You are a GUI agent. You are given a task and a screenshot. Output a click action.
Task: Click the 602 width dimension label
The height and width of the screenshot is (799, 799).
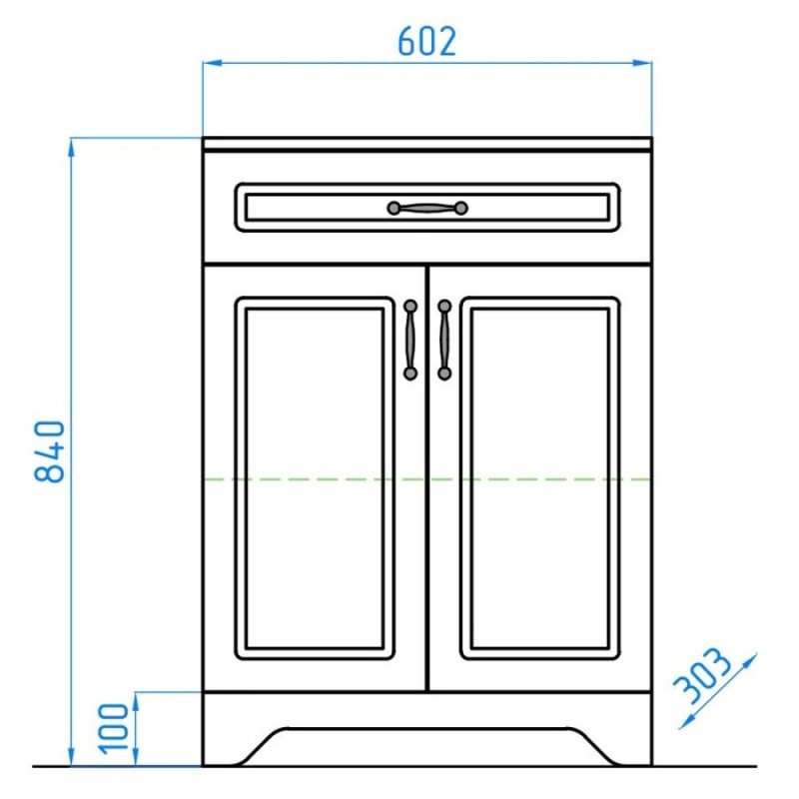click(426, 42)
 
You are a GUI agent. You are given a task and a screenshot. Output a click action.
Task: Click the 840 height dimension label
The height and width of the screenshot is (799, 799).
click(50, 451)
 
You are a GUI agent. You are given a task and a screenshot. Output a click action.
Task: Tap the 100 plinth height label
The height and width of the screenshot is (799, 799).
click(114, 729)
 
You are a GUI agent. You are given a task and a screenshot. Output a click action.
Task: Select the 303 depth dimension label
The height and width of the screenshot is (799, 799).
click(702, 675)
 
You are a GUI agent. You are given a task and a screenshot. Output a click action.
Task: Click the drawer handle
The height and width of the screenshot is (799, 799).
click(427, 208)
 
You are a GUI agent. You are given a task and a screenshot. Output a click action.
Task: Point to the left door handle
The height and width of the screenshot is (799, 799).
click(410, 340)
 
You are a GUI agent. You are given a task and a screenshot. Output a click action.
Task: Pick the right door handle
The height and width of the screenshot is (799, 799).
click(444, 340)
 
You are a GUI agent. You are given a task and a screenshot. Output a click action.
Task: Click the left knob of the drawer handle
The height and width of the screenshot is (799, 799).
click(394, 208)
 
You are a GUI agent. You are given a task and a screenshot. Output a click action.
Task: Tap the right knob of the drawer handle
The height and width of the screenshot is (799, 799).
click(461, 208)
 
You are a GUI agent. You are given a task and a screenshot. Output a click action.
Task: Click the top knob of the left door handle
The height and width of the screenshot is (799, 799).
click(410, 307)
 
